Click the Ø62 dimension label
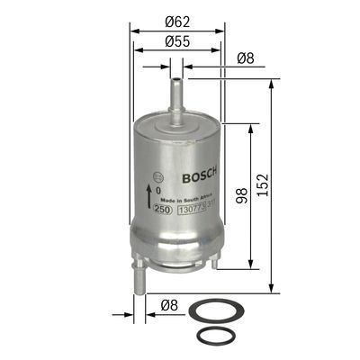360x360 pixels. pyautogui.click(x=177, y=21)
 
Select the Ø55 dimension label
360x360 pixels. pyautogui.click(x=177, y=42)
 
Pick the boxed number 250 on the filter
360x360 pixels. pyautogui.click(x=163, y=210)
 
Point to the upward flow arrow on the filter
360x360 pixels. pyautogui.click(x=148, y=193)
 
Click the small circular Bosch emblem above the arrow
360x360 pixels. pyautogui.click(x=159, y=175)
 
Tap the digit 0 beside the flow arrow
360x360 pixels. pyautogui.click(x=157, y=191)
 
